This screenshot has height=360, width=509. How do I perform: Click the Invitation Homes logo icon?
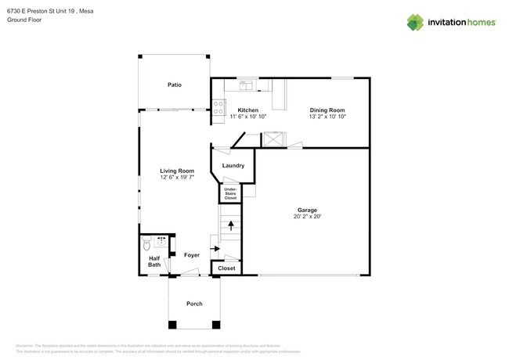(x=415, y=22)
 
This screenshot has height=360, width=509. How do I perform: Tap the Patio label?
(x=174, y=85)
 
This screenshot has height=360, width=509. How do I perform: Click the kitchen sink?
(x=244, y=82)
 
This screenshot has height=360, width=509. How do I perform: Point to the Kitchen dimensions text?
(x=249, y=117)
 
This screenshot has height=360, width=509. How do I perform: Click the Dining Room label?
(x=327, y=110)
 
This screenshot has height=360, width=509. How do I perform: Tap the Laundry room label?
(x=233, y=165)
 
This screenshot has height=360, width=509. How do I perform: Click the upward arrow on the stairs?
(x=230, y=225)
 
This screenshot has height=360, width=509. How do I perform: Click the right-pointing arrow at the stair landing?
(x=215, y=250)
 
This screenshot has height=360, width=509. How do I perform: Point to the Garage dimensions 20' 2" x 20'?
(x=306, y=217)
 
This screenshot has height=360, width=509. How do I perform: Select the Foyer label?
(x=192, y=255)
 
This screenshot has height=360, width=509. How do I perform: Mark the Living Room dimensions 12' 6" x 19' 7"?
(x=177, y=178)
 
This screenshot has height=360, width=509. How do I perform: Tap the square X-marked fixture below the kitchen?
(x=273, y=140)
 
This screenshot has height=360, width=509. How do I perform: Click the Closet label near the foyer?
(x=226, y=268)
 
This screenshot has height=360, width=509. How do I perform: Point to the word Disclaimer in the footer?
(x=29, y=345)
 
